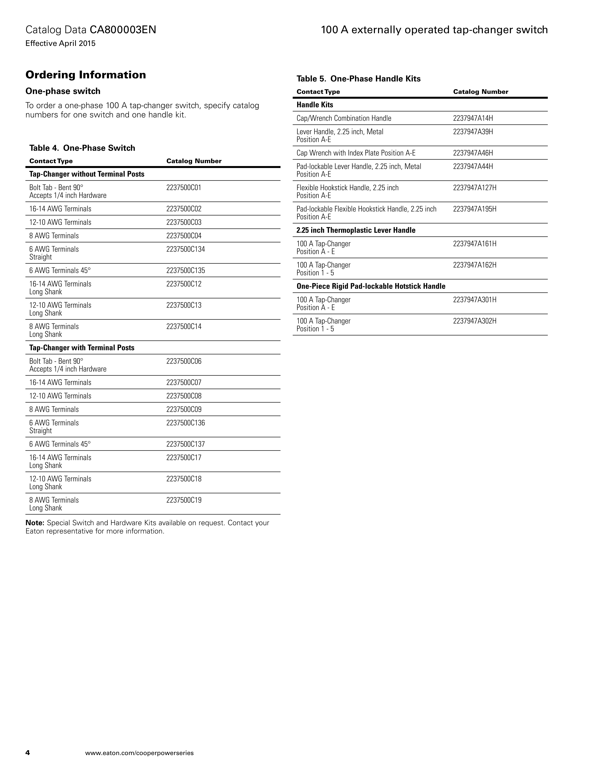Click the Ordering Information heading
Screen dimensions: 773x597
(86, 75)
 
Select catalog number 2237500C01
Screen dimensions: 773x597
(184, 188)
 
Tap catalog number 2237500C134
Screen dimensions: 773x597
(185, 249)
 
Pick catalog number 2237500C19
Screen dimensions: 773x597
(184, 500)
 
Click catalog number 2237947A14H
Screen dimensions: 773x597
(473, 118)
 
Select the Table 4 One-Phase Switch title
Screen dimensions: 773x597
(82, 148)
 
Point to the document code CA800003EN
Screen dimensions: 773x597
(123, 30)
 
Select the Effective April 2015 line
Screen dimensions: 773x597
(60, 44)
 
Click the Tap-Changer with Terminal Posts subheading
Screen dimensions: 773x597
(82, 348)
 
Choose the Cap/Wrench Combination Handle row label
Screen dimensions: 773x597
(344, 118)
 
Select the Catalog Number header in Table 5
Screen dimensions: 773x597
(480, 92)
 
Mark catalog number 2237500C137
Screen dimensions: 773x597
(185, 444)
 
